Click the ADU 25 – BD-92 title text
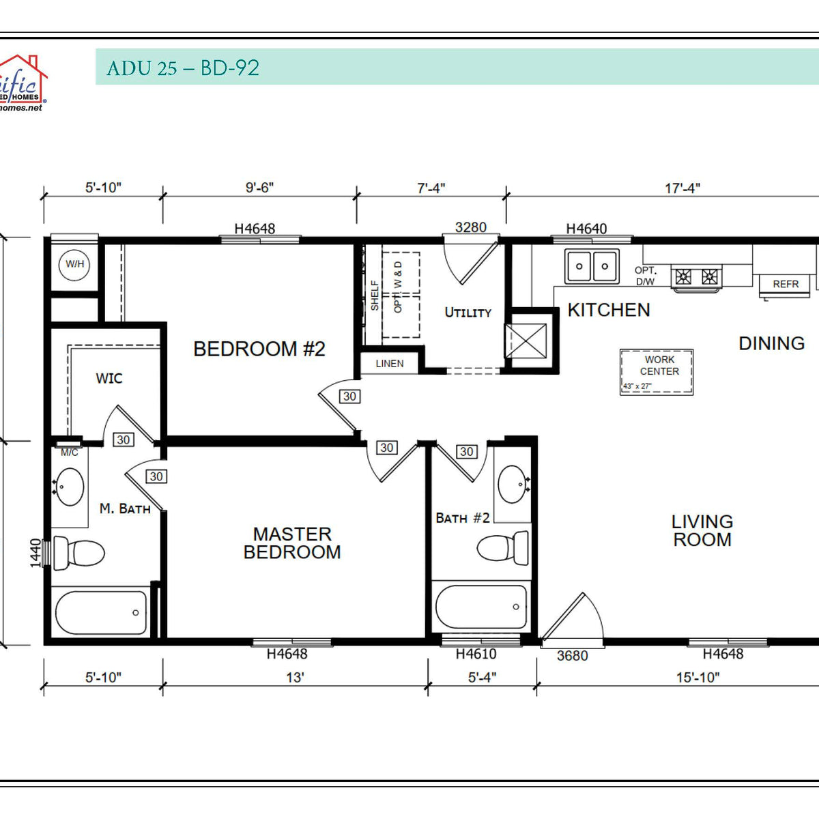click(183, 68)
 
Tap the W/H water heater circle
click(74, 264)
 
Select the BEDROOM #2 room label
click(259, 349)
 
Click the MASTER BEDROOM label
click(292, 543)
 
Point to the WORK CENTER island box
click(657, 372)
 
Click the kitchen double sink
click(592, 266)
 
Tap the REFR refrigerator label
click(786, 284)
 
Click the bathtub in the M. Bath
click(100, 612)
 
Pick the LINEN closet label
click(390, 364)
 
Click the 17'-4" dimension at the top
click(682, 188)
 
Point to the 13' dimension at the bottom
click(295, 678)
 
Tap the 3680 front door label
click(572, 656)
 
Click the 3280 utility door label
click(471, 227)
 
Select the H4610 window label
click(476, 654)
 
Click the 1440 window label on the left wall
click(36, 553)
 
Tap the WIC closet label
click(109, 378)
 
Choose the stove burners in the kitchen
click(697, 276)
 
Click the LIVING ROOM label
click(702, 530)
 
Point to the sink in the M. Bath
click(70, 487)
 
